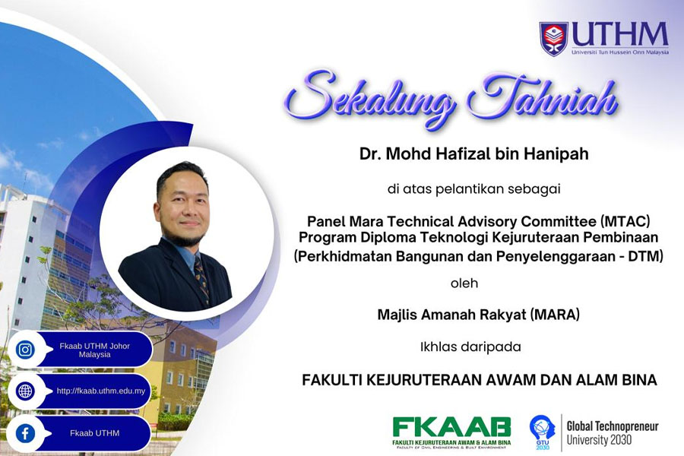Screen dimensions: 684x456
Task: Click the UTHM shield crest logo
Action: [553, 39]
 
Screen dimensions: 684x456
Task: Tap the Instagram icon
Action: [25, 350]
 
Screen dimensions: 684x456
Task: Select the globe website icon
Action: [25, 391]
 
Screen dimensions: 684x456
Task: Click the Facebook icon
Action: [25, 433]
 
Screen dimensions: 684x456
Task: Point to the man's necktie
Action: [201, 278]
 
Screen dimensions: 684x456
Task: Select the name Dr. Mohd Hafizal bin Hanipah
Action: [473, 154]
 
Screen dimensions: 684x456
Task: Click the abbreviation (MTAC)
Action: [625, 221]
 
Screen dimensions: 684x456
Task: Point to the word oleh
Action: [464, 283]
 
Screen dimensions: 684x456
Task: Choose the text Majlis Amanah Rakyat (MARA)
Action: [479, 315]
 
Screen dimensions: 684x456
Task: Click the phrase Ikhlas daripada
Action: [470, 347]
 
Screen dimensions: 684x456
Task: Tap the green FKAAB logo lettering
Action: [451, 427]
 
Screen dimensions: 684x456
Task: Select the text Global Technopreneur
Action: [613, 426]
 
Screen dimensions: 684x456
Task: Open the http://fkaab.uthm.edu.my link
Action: [101, 391]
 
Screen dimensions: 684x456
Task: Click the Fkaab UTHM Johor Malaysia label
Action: [95, 350]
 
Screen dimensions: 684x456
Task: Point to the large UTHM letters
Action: [620, 34]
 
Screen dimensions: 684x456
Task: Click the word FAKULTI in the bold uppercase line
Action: [331, 380]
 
